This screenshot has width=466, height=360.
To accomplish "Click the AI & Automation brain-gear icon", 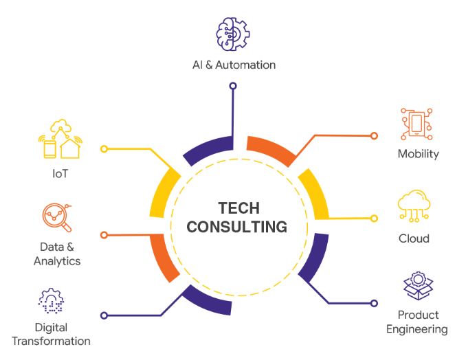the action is pos(233,34).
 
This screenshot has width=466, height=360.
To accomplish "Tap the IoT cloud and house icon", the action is pos(60,139).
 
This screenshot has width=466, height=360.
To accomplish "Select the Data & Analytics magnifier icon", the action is pos(57,218).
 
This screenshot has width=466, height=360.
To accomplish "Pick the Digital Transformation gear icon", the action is pos(51,301).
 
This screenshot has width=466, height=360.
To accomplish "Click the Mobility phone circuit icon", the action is pos(417,124).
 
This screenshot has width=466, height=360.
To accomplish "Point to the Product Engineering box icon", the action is pos(418,286).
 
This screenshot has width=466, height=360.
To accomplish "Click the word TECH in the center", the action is pos(239,208).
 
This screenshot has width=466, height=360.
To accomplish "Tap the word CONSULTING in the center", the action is pos(237,227).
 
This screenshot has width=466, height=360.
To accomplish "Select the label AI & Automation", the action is pos(234,65).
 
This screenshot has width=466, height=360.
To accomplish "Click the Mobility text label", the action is pos(418,154).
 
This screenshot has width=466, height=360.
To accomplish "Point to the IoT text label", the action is pos(60,173).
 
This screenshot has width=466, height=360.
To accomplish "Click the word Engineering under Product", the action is pos(417,329).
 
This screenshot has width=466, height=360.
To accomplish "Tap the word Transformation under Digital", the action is pos(51,341).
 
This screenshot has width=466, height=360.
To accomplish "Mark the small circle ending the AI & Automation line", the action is pos(233,86).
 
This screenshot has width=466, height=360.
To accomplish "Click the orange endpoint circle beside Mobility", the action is pos(374,136).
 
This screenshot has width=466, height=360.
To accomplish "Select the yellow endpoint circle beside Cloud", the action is pos(374,218).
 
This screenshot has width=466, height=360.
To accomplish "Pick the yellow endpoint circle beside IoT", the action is pos(104,149).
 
